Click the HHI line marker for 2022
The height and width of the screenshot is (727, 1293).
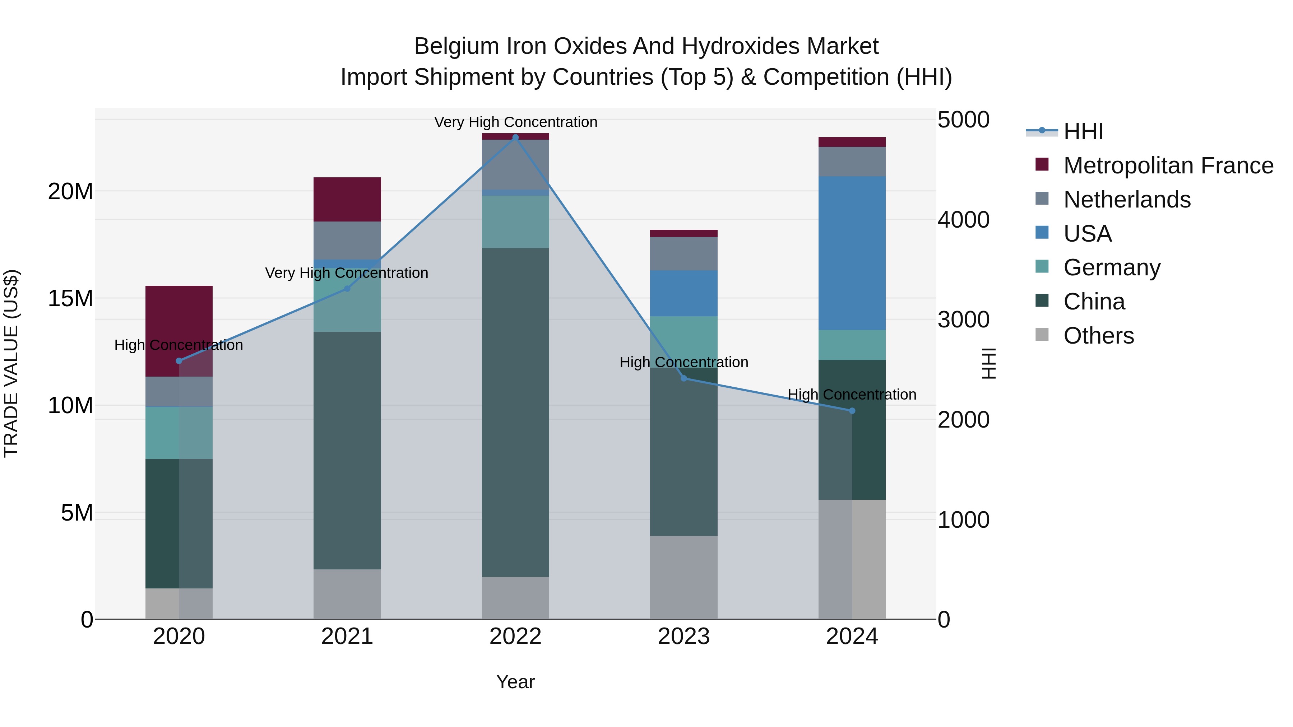[x=515, y=138]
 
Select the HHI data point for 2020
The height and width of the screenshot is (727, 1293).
[x=179, y=361]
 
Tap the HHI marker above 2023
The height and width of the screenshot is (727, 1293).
[x=683, y=378]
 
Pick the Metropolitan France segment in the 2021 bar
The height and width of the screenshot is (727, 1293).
[x=347, y=199]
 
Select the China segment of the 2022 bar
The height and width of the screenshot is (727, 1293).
[x=515, y=411]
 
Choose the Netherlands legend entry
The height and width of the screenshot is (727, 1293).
[x=1126, y=200]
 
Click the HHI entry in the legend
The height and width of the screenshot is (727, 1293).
[x=1083, y=131]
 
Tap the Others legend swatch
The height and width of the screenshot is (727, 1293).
[x=1042, y=335]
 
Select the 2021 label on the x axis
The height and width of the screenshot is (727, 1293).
[x=347, y=637]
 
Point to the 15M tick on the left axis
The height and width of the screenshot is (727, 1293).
[x=70, y=299]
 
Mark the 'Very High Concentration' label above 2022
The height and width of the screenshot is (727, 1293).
[x=515, y=122]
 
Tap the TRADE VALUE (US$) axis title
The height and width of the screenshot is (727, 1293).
[x=11, y=363]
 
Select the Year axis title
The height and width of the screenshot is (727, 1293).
[x=515, y=682]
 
